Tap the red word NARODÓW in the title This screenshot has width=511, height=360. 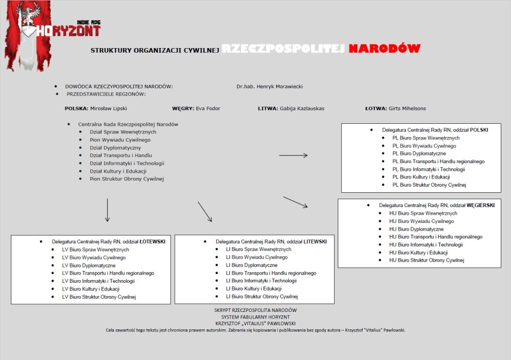click(x=384, y=49)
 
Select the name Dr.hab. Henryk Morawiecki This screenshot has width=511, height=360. click(x=269, y=86)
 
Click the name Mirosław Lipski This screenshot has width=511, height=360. click(x=108, y=108)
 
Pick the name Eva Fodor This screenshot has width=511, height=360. click(x=208, y=108)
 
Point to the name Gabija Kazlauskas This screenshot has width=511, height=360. click(x=302, y=108)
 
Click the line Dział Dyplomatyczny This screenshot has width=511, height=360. click(x=115, y=148)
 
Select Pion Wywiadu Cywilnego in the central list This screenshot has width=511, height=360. click(x=120, y=140)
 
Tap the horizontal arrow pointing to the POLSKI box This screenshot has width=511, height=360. click(x=293, y=155)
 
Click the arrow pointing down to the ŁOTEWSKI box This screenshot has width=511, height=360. click(x=107, y=210)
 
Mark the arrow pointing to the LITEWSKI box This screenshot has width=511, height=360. click(x=205, y=212)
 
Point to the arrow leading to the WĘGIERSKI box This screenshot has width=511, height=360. click(x=295, y=202)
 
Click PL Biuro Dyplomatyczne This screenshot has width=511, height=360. click(x=419, y=153)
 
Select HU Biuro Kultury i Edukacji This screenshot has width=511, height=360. click(x=418, y=253)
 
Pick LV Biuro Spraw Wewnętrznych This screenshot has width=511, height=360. click(x=96, y=250)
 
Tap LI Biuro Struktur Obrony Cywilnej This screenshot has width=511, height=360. click(x=262, y=297)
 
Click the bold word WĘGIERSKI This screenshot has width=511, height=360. click(x=480, y=205)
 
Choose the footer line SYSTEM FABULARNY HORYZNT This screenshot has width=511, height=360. click(x=255, y=317)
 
